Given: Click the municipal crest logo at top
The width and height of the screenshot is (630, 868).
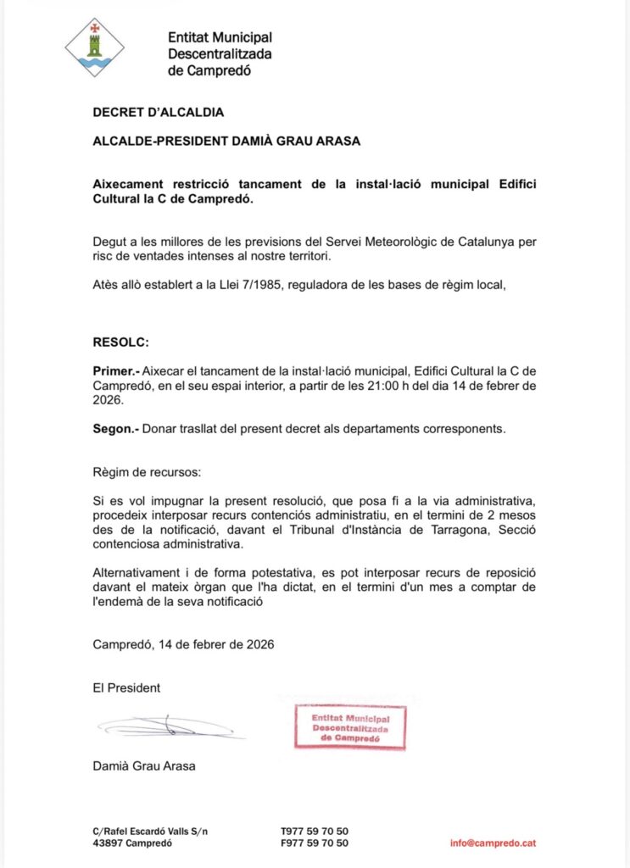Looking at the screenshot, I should tap(95, 47).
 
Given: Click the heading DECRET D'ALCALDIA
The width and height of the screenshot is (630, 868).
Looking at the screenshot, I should tap(158, 112).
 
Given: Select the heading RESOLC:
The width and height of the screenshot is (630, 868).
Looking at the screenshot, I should tap(120, 342).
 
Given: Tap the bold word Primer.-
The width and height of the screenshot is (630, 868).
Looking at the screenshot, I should tap(115, 371).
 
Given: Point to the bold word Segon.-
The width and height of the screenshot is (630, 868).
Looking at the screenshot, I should tap(115, 429).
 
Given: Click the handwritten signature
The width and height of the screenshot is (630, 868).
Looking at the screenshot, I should tap(170, 726).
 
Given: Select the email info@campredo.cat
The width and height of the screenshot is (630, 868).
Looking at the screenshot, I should tap(493, 843).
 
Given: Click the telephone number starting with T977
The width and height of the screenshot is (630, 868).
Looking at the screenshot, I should tap(314, 831).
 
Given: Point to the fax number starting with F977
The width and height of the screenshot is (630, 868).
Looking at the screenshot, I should tap(314, 843).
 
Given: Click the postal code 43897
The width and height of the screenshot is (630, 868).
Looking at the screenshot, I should tap(108, 843).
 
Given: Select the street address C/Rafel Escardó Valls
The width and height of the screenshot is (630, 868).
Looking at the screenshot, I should tap(149, 831).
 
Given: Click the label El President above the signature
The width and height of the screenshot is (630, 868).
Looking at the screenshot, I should tap(126, 687).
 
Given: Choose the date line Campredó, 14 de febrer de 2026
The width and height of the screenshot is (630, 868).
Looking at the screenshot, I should tap(183, 644).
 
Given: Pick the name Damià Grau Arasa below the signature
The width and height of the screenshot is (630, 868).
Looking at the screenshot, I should tap(144, 766).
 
